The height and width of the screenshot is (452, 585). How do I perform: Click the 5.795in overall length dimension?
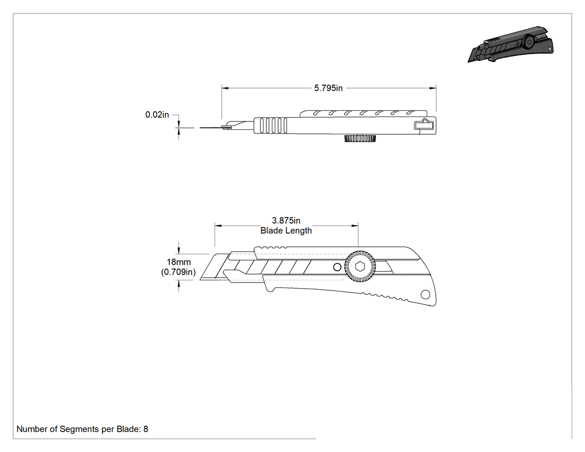point(328,88)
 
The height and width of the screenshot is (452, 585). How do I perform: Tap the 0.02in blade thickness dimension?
point(157,115)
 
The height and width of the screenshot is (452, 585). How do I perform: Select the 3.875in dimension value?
point(286,221)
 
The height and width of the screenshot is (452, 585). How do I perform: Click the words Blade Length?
point(286,231)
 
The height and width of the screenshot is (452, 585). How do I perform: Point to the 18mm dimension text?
point(178,262)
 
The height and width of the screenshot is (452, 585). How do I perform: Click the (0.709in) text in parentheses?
point(178,272)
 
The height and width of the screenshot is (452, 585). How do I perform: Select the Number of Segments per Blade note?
point(82,429)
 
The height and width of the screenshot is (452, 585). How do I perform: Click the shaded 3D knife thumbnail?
point(510,45)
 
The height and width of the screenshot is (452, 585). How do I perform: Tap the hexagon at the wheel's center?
point(360,267)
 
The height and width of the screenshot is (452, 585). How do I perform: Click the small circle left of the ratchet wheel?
point(337,267)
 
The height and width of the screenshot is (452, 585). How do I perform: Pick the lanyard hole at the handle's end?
point(425,295)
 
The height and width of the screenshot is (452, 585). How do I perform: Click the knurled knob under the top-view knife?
point(360,138)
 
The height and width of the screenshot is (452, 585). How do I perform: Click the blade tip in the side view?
point(201,279)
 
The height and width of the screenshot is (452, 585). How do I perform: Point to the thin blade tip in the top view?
point(200,128)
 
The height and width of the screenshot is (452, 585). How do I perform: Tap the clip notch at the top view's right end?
point(425,124)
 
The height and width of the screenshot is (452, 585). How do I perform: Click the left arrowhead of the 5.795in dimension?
point(225,88)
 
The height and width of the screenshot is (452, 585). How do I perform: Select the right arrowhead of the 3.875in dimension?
point(355,226)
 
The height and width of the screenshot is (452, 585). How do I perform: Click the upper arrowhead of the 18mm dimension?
point(179,251)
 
